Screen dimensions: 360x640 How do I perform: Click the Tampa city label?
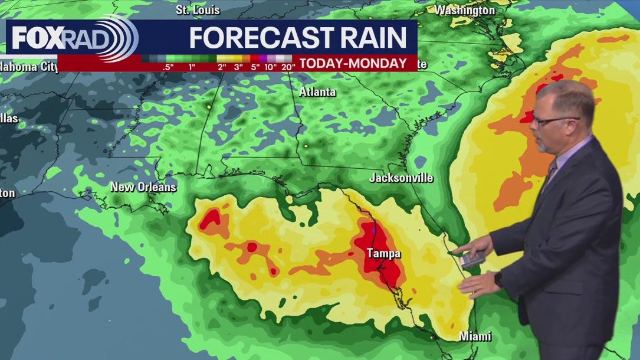click(x=383, y=254)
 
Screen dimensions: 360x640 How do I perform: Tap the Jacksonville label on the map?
click(x=401, y=178)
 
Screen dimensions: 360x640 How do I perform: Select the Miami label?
click(x=475, y=336)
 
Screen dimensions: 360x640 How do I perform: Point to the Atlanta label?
click(x=317, y=92)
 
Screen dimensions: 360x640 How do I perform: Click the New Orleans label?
click(x=143, y=187)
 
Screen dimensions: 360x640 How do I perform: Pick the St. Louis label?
click(x=198, y=10)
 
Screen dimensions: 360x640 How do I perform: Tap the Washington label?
click(x=465, y=10)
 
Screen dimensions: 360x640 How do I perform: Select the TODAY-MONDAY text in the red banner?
click(x=353, y=64)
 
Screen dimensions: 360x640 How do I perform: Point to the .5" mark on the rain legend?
click(x=168, y=67)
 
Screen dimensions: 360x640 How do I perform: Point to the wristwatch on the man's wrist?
click(x=499, y=279)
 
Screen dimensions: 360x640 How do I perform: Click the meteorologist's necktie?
click(x=550, y=175)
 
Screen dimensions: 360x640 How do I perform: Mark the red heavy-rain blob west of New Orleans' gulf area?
click(x=210, y=219)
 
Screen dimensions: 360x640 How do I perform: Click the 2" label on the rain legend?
click(x=222, y=67)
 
